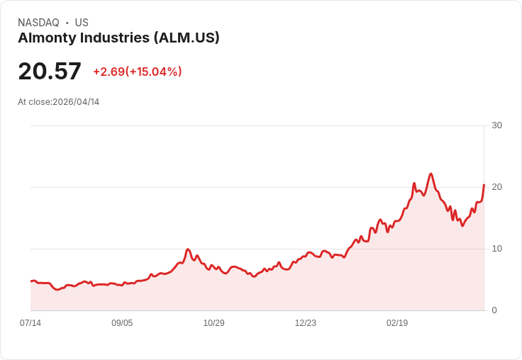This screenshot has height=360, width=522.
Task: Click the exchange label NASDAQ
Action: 38,23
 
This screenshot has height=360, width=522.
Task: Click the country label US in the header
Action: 82,23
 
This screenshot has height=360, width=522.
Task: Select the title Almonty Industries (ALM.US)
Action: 118,38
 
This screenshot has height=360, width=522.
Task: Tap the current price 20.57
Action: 50,71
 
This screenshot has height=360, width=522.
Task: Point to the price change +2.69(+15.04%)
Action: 138,72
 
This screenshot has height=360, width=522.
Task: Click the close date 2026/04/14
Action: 76,102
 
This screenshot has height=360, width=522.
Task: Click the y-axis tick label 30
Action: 496,125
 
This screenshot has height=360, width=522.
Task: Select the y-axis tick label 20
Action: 496,187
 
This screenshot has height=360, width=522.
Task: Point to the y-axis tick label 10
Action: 496,249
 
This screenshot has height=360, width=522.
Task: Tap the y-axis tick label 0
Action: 494,310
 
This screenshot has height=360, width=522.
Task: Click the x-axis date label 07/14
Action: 30,323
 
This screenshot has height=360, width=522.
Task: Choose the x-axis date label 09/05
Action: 122,323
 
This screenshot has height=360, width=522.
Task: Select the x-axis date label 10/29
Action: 213,323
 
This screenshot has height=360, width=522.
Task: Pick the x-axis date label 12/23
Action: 306,323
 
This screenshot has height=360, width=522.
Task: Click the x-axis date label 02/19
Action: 397,323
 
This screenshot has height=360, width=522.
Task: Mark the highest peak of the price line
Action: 431,174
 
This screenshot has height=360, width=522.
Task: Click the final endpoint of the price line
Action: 484,185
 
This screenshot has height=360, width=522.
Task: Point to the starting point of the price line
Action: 30,281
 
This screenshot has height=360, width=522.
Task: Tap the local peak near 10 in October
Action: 188,249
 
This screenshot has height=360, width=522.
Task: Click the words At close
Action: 34,102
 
